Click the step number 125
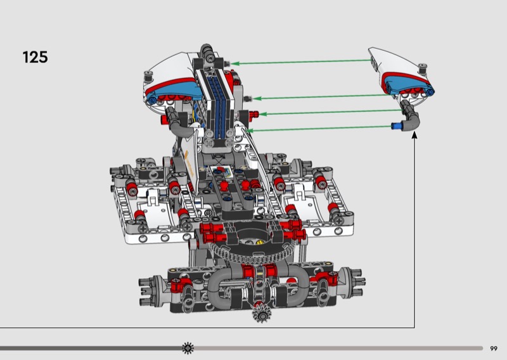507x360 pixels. (35, 57)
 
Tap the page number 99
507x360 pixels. (494, 349)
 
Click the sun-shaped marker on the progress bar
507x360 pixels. (188, 348)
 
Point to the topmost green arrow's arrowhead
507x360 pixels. (234, 63)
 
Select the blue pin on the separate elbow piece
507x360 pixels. (395, 126)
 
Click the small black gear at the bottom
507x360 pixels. (262, 313)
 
